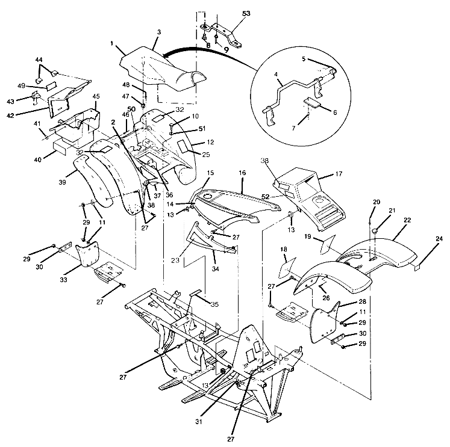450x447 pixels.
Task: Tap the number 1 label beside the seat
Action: pos(112,44)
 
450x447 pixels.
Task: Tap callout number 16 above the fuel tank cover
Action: pos(242,172)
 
